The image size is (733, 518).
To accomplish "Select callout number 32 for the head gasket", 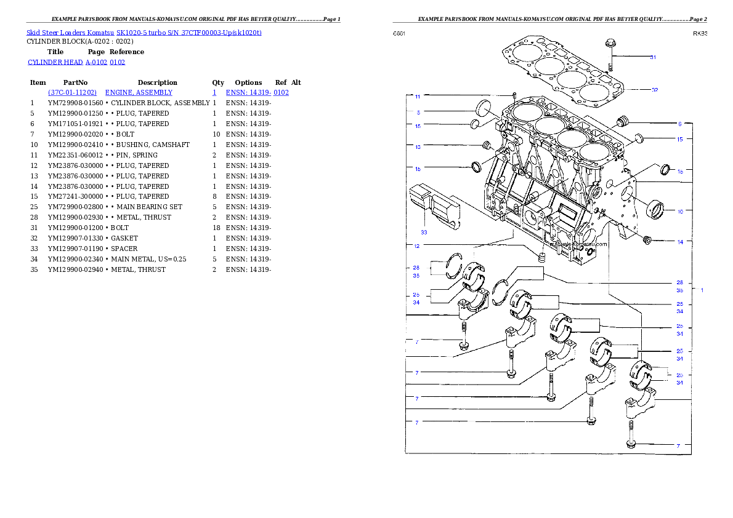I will pos(655,90).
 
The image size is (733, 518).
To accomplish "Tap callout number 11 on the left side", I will pos(417,97).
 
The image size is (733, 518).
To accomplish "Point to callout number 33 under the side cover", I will pos(424,233).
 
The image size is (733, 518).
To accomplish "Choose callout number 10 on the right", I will pos(680,211).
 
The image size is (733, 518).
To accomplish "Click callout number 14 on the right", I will pos(680,242).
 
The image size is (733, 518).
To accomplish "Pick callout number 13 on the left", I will pos(417,147).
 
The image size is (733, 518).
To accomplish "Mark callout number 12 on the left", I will pos(417,246).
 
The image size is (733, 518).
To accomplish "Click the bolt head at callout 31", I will pos(610,44).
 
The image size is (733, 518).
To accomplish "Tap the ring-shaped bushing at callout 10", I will pos(655,209).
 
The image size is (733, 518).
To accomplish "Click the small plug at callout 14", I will pos(647,240).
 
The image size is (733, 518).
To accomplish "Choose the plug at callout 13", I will pos(486,146).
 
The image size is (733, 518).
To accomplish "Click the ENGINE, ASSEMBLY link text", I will pos(139,92).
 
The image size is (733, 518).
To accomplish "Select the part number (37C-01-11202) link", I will pos(72,92).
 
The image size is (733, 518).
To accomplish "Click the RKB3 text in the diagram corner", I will pos(699,34).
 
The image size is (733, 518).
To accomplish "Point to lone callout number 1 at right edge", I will pos(702,290).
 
